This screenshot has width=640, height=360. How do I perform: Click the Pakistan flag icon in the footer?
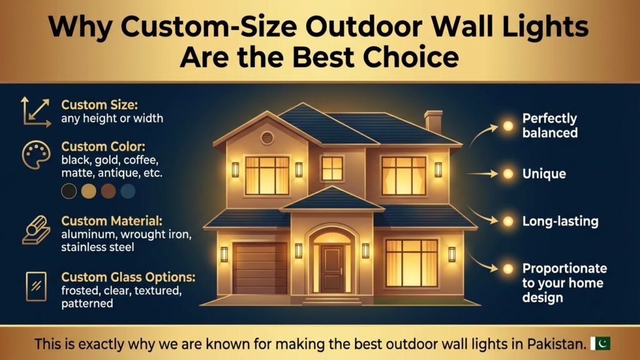[601, 343]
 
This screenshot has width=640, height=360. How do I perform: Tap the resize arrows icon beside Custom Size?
[36, 112]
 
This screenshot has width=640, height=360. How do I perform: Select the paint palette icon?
[36, 155]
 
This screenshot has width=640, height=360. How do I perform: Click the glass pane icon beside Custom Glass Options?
[36, 286]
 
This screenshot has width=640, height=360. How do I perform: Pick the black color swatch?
[69, 191]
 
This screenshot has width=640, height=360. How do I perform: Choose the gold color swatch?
[89, 191]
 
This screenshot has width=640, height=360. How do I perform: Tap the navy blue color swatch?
[127, 191]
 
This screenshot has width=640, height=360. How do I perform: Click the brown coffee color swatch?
[108, 191]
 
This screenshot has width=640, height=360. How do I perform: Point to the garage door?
[259, 267]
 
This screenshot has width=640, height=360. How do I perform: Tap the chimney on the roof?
[434, 122]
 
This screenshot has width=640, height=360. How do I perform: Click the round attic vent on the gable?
[267, 138]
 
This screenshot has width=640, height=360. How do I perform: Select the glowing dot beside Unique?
[507, 174]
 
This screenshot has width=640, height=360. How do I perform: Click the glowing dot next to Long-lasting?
[507, 221]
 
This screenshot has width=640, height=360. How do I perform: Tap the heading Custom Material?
[111, 221]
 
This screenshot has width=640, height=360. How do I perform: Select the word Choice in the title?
[411, 57]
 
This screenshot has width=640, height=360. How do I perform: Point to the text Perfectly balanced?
[550, 125]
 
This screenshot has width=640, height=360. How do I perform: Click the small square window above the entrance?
[332, 168]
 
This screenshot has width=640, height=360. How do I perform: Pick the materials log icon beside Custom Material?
[36, 230]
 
